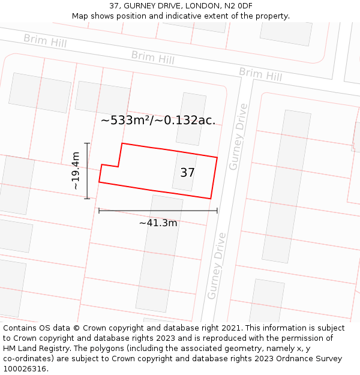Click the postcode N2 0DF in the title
(x=237, y=5)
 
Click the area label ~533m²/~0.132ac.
(x=158, y=120)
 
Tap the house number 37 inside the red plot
(x=187, y=173)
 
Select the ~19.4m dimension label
(x=76, y=171)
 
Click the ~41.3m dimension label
(x=158, y=223)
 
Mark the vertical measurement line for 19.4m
(x=88, y=171)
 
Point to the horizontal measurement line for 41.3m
(x=158, y=211)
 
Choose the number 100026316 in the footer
(x=25, y=369)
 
